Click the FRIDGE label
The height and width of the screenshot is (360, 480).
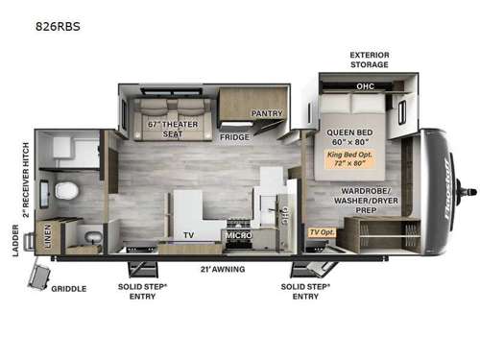(x=234, y=137)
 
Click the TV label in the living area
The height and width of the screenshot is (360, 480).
(x=189, y=234)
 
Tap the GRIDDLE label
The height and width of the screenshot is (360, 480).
(x=68, y=288)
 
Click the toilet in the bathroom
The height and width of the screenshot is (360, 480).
(x=66, y=190)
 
